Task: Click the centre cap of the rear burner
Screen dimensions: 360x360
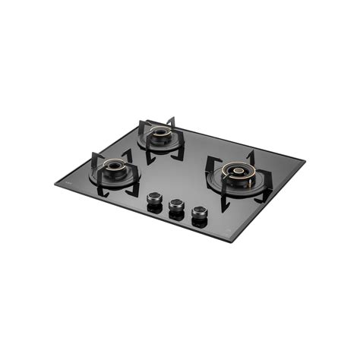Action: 160,132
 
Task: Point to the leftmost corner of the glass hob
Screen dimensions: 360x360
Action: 55,183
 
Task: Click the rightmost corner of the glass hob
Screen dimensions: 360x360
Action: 305,160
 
